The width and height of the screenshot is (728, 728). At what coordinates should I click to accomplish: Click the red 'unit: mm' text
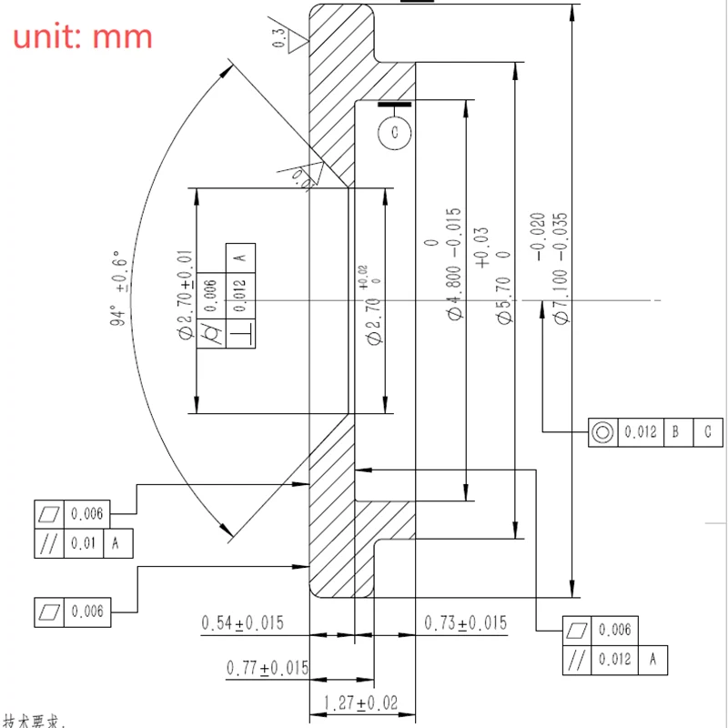(82, 36)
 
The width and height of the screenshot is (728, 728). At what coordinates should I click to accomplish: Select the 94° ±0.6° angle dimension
(116, 288)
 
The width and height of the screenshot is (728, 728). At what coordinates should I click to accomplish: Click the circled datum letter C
(395, 133)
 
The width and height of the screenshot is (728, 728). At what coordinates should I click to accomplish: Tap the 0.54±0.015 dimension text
(242, 623)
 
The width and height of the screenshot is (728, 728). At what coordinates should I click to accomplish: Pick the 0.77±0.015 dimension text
(268, 669)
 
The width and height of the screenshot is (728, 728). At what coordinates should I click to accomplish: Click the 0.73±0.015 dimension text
(466, 623)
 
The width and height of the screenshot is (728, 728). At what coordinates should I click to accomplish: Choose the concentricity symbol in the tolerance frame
(602, 433)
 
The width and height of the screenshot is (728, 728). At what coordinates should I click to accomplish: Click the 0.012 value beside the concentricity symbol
(640, 433)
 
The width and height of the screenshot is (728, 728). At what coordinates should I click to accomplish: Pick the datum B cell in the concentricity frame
(675, 433)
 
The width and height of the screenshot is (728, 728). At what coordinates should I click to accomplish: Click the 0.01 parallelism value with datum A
(84, 543)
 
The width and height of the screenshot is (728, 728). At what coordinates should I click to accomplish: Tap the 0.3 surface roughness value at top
(278, 37)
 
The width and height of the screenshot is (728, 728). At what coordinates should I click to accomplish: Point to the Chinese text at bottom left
(36, 722)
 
